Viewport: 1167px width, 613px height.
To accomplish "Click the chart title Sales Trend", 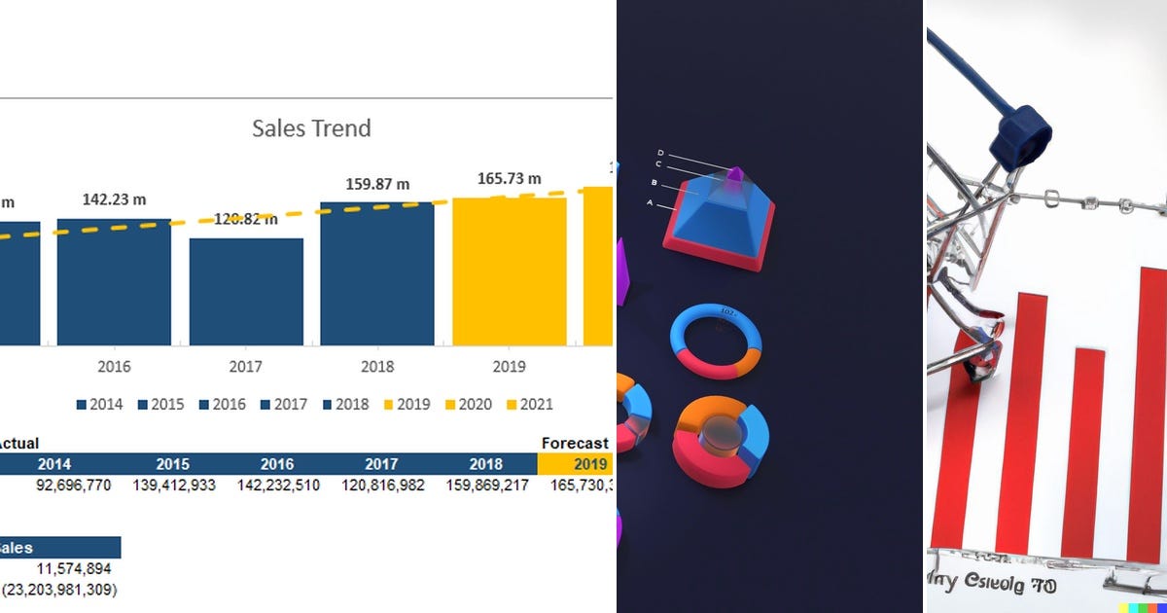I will tap(311, 128).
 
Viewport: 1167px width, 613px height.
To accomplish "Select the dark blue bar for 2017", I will tap(246, 292).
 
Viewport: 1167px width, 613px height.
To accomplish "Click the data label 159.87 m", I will tap(377, 184).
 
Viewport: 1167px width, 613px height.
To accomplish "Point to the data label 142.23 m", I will tap(114, 199).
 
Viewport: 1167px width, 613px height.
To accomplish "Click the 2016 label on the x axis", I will tap(114, 367).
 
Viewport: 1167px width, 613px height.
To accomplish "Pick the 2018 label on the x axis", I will tap(377, 367).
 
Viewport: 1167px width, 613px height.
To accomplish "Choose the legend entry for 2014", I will tap(100, 405).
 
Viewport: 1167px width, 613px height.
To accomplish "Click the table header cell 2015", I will tap(173, 464).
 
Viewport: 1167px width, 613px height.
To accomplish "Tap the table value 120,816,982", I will tap(383, 485).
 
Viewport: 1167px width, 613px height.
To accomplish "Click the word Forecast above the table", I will tap(575, 444).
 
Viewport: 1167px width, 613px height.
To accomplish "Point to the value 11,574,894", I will tap(74, 568).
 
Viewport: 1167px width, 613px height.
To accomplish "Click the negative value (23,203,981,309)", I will tap(59, 590).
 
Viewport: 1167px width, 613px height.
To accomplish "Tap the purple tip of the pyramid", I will tap(735, 175).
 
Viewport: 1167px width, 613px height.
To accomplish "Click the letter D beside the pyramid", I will tap(660, 153).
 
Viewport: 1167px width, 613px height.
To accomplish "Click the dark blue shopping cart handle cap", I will tap(1020, 135).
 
